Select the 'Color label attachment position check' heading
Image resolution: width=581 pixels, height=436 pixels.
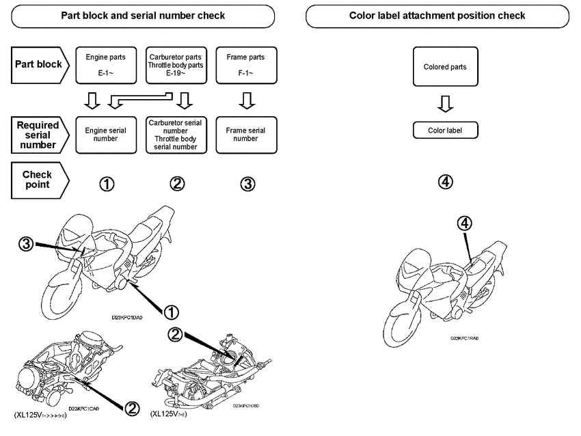pos(437,15)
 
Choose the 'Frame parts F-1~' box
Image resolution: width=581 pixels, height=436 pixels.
pos(245,65)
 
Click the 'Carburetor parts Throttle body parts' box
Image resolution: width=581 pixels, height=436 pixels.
pos(177,65)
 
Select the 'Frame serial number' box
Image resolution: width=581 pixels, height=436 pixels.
pos(245,134)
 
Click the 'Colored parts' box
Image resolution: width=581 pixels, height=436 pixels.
pos(445,67)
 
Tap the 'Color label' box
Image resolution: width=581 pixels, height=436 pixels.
pos(445,130)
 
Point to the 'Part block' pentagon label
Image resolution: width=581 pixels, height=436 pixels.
pos(40,65)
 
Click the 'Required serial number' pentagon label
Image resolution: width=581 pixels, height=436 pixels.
pos(40,134)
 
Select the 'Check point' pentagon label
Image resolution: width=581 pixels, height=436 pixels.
pos(40,180)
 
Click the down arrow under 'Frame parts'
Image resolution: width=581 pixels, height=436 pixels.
pos(246,100)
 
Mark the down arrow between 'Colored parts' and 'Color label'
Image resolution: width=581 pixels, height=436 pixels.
pos(445,103)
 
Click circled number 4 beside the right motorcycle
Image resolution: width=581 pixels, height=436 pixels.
pos(464,223)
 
